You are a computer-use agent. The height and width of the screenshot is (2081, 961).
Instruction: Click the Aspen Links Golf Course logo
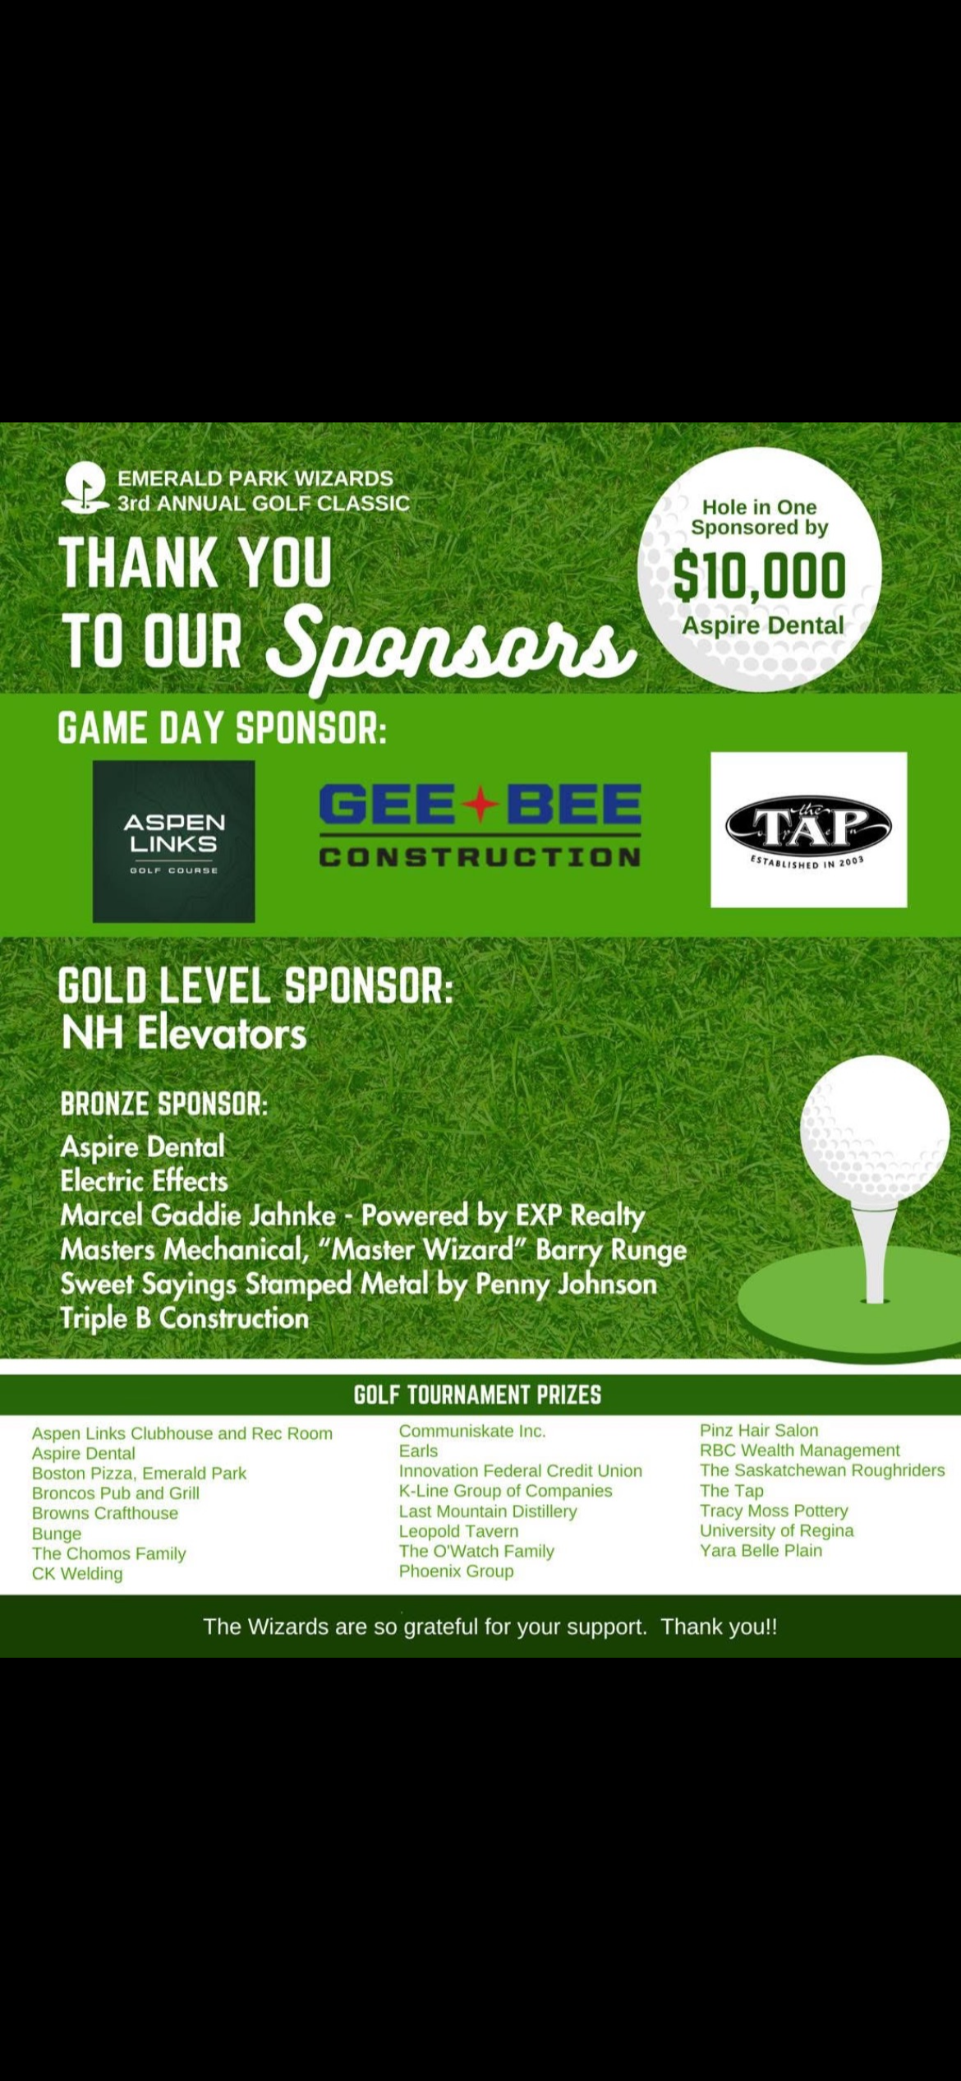(173, 841)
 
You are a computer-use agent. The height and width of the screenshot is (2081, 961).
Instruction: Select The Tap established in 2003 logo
(808, 829)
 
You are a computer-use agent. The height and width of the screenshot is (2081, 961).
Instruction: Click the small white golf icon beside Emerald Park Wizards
(85, 488)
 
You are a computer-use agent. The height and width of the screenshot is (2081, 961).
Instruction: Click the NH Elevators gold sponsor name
(184, 1033)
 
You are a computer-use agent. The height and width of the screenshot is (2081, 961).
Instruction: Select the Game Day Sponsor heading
(222, 728)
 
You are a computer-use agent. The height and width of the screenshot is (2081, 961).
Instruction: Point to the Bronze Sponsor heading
(164, 1104)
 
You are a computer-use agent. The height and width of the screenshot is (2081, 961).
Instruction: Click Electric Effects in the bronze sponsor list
(144, 1181)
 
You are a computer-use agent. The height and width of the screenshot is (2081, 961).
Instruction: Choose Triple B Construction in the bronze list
(185, 1318)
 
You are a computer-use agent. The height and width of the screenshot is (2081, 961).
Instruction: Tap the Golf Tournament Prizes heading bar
(477, 1395)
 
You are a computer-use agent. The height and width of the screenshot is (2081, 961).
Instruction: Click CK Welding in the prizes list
(77, 1573)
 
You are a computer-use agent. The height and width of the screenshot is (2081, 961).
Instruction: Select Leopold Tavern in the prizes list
(458, 1530)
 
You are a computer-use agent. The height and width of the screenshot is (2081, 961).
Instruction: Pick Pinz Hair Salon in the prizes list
(758, 1430)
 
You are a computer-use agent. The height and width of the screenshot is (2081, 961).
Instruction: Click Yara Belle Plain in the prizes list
(761, 1550)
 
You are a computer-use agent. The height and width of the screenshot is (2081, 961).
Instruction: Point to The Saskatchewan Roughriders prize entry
(821, 1470)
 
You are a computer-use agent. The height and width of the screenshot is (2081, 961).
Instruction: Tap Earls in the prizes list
(418, 1451)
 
